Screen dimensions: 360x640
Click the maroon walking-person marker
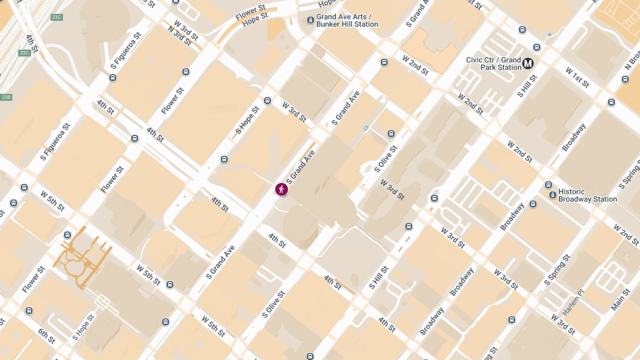coord(282,189)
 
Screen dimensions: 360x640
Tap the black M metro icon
coord(528,63)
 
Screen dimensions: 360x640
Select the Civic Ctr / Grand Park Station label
coord(493,63)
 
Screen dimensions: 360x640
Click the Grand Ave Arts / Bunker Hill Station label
coord(347,20)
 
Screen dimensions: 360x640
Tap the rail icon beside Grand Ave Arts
coord(311,20)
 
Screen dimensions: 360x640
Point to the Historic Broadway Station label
coord(587,195)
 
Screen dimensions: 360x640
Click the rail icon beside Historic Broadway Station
coord(553,195)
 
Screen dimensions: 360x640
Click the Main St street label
coord(620,300)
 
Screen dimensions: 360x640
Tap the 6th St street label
coord(46,336)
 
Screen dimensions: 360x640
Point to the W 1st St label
coord(578,78)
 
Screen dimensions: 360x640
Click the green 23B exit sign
coord(6,97)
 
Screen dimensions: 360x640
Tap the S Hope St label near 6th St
coord(83,327)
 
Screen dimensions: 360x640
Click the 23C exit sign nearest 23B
coord(25,53)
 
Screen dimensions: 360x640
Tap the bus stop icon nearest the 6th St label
coord(29,311)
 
